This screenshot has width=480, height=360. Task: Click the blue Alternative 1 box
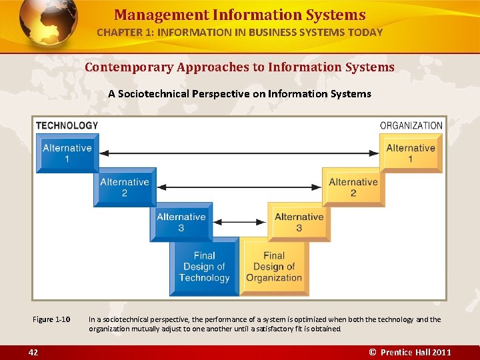(x=67, y=153)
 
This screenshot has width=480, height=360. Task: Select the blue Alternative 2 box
(x=124, y=187)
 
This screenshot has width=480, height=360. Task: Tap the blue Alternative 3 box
(x=181, y=222)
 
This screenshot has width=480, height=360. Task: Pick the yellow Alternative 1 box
(x=410, y=153)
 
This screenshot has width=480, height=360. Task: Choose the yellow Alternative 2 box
(x=353, y=187)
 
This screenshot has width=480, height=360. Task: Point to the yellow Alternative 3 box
(x=299, y=222)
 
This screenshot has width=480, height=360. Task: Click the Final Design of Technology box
(x=204, y=267)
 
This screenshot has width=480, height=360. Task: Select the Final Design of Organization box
(x=274, y=267)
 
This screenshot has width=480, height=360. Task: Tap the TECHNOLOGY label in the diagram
(x=67, y=125)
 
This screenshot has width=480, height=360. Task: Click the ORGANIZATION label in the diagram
(x=411, y=125)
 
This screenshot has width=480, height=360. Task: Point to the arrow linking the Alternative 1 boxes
(x=239, y=153)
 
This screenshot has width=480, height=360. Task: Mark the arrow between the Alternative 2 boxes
(x=239, y=187)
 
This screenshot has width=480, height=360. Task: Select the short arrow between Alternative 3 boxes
(x=239, y=222)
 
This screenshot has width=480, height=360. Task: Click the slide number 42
(x=33, y=352)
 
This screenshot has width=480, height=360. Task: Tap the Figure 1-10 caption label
(x=51, y=319)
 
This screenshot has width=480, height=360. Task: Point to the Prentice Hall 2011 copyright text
(x=411, y=352)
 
